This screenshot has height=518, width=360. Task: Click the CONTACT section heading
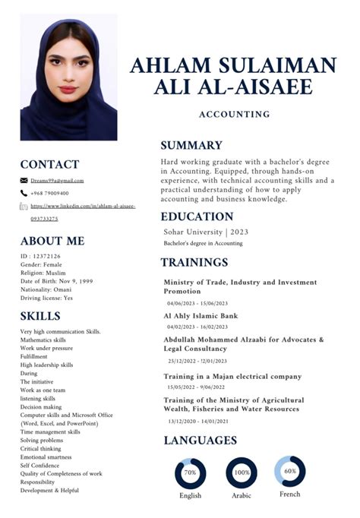tap(49, 164)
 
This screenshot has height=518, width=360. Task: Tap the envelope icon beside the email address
tap(24, 181)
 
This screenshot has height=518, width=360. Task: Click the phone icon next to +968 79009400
tap(24, 193)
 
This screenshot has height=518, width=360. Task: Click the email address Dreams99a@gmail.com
tap(57, 181)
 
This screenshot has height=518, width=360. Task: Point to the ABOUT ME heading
tap(52, 241)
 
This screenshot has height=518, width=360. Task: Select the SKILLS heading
tap(41, 316)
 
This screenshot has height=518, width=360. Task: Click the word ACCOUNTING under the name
tap(234, 115)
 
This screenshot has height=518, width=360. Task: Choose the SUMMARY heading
tap(191, 145)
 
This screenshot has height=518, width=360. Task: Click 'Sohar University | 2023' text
tap(206, 232)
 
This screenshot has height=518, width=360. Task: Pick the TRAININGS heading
tap(194, 263)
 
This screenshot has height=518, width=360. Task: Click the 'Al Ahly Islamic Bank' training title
tap(201, 315)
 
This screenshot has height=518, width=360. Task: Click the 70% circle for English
tap(190, 472)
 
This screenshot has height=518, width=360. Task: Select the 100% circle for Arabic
tap(242, 472)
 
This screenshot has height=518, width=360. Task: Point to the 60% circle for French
tap(289, 471)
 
